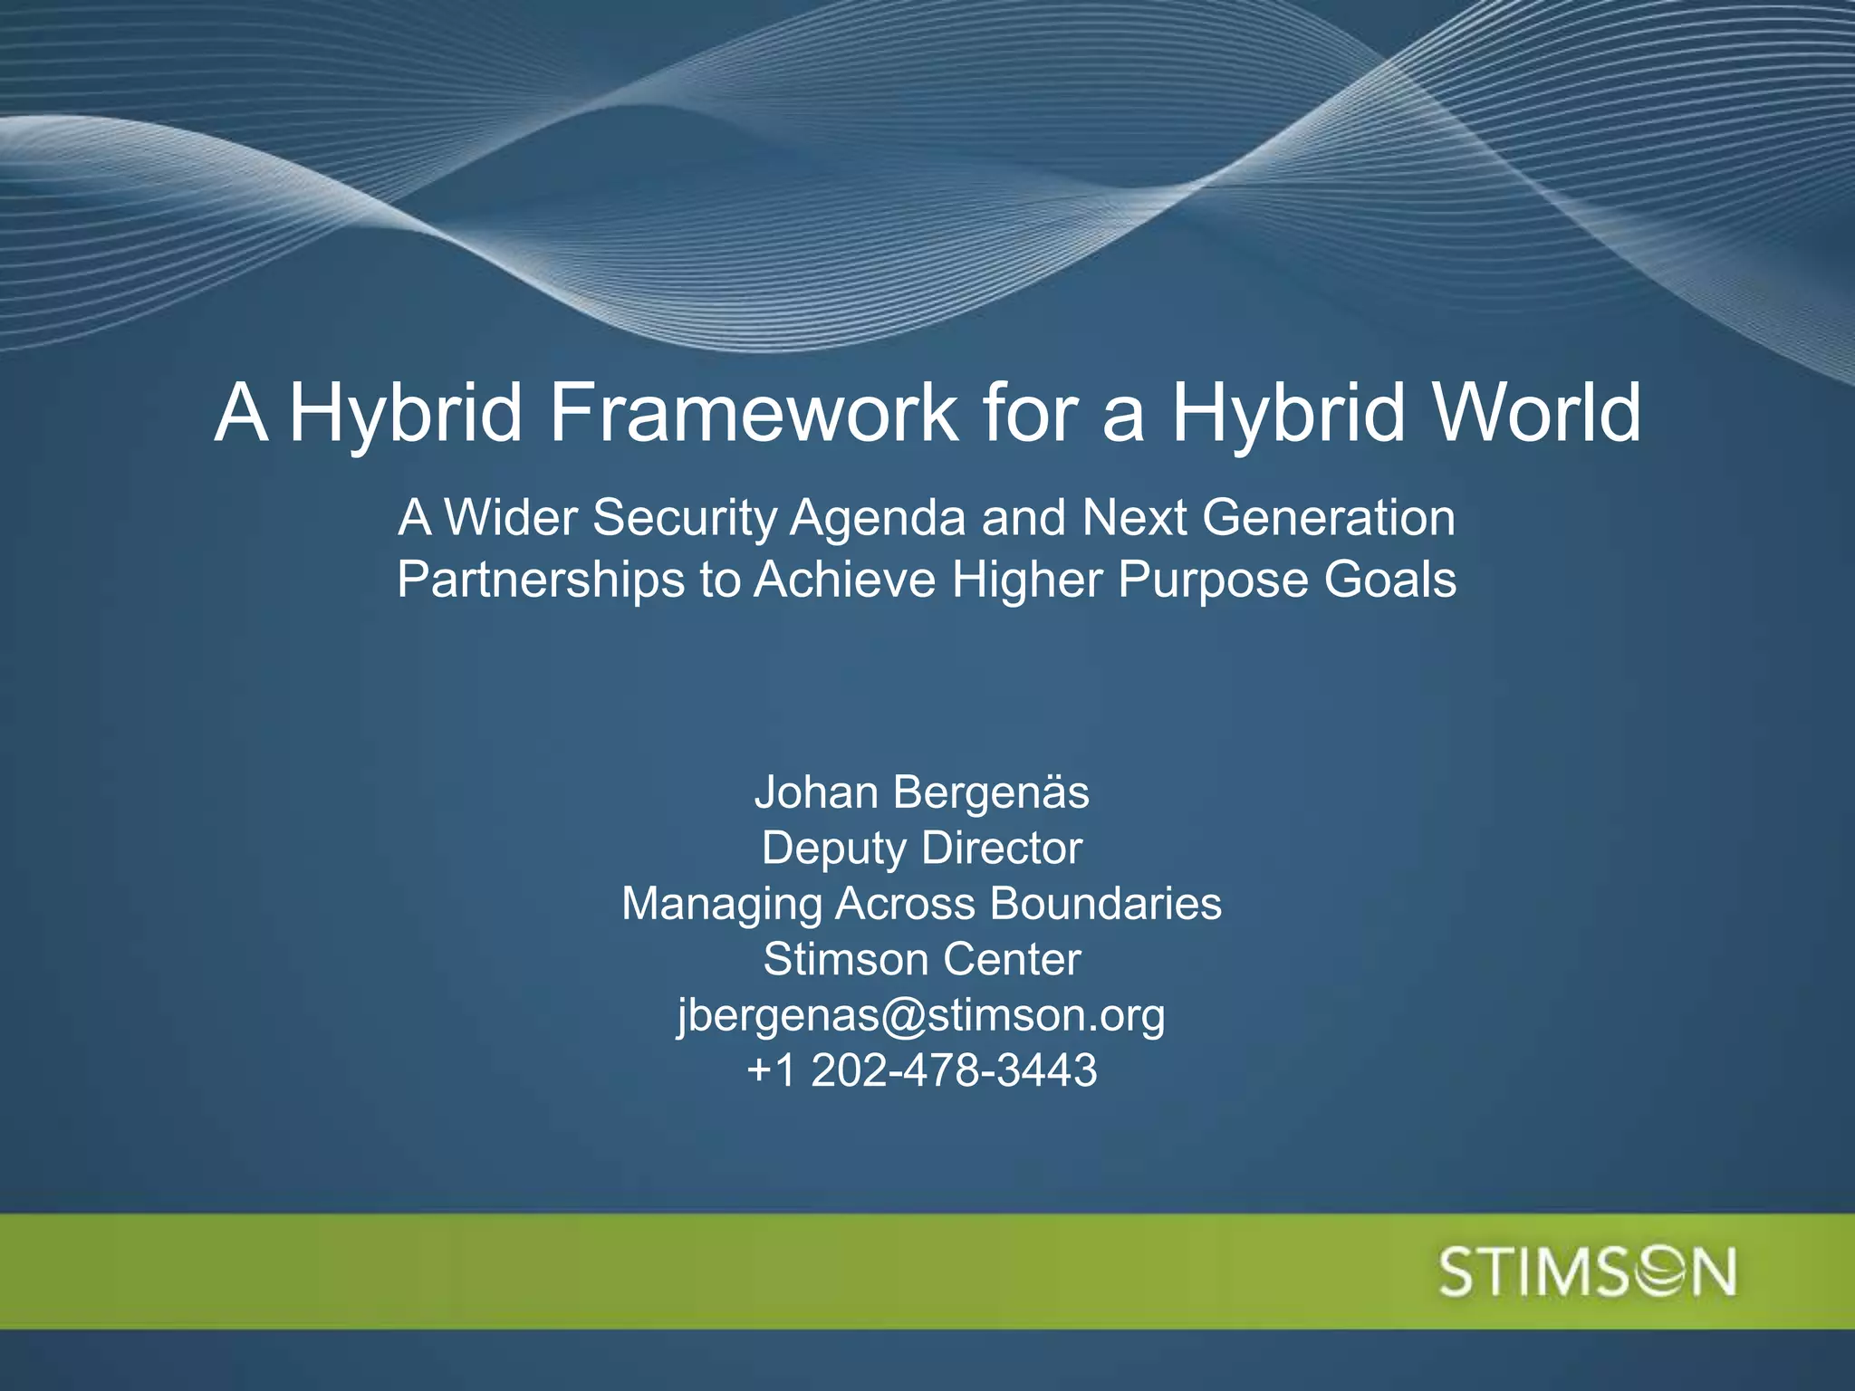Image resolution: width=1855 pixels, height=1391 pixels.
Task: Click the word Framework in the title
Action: [x=753, y=412]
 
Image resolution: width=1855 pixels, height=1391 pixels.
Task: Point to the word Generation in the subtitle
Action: [x=1329, y=518]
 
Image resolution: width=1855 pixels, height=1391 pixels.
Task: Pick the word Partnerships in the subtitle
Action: [x=541, y=580]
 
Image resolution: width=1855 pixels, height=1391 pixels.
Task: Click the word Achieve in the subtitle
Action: [x=844, y=580]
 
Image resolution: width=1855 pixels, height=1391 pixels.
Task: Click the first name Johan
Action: [x=816, y=792]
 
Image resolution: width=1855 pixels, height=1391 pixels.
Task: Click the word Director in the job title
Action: [x=1002, y=849]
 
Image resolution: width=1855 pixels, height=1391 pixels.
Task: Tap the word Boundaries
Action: [x=1105, y=904]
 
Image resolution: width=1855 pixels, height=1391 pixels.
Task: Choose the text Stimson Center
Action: [x=922, y=959]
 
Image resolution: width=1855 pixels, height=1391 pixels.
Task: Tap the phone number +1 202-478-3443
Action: [x=922, y=1070]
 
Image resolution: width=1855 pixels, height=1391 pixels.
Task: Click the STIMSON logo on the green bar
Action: [x=1587, y=1272]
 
